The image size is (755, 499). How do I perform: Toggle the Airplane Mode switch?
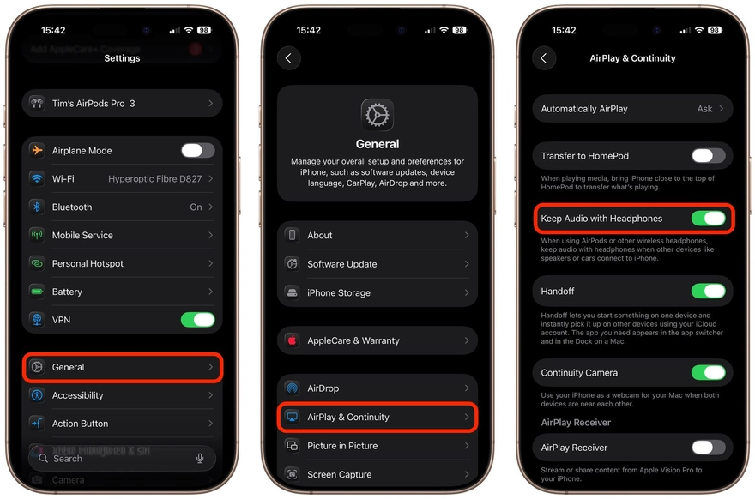click(x=197, y=151)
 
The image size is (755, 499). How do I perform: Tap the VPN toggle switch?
click(x=197, y=320)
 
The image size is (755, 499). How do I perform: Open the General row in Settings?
click(x=122, y=367)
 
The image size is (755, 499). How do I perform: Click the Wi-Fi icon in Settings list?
click(x=37, y=179)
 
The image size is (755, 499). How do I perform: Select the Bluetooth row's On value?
click(x=196, y=207)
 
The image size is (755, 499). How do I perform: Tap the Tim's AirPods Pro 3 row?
click(x=122, y=104)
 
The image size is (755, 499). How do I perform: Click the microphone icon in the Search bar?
click(x=200, y=459)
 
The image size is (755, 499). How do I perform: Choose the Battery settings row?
click(x=122, y=292)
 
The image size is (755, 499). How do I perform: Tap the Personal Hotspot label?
click(x=88, y=264)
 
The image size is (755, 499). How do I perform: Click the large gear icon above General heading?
click(x=377, y=115)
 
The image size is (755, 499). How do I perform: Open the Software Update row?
click(x=377, y=264)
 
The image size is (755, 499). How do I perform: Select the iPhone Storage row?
click(x=377, y=292)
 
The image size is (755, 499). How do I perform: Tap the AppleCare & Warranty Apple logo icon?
click(x=292, y=340)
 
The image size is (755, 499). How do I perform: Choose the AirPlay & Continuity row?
click(x=377, y=418)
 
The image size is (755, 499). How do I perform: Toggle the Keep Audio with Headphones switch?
click(x=708, y=219)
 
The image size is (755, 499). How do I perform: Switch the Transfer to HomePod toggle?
click(x=708, y=156)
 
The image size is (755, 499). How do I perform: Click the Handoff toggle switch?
click(x=708, y=292)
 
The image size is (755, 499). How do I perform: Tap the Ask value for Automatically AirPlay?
click(x=704, y=109)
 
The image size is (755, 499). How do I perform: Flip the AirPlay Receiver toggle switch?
click(x=708, y=448)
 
